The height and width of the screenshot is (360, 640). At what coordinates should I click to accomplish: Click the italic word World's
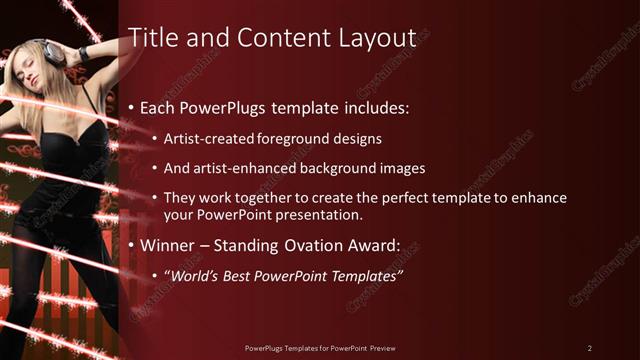pyautogui.click(x=192, y=277)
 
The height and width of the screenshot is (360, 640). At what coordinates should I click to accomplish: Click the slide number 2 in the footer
pyautogui.click(x=590, y=348)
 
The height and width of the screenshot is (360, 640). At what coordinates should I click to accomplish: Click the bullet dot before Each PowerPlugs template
pyautogui.click(x=133, y=107)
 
